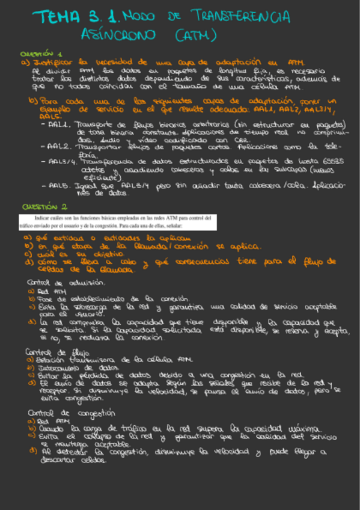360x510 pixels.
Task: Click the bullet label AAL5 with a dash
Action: point(59,186)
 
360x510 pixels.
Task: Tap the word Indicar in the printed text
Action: point(43,217)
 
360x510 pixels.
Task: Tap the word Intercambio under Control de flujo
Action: point(58,367)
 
